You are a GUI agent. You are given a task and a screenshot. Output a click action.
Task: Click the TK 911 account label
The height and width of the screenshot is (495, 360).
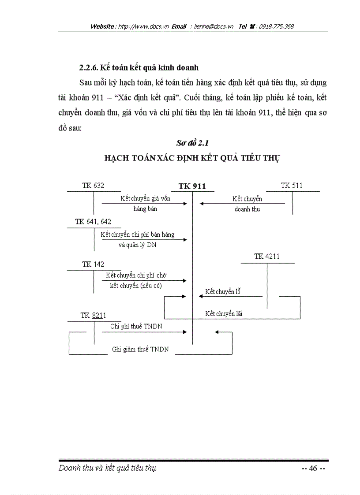[x=192, y=186]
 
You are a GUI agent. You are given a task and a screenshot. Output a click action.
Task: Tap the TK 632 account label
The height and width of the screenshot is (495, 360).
[x=93, y=186]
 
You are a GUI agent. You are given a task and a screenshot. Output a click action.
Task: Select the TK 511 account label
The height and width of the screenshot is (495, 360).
[x=292, y=186]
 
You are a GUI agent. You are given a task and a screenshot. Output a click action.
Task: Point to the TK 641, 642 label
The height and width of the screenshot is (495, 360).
[x=93, y=222]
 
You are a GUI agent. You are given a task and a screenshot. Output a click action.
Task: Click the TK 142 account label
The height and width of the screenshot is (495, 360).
[x=93, y=264]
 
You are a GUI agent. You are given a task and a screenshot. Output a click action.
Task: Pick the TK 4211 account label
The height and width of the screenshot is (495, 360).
[x=267, y=256]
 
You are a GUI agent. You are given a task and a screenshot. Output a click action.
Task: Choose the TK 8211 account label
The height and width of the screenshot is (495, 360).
[x=93, y=316]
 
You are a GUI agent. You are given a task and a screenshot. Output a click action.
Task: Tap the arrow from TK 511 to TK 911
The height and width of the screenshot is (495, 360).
[x=242, y=204]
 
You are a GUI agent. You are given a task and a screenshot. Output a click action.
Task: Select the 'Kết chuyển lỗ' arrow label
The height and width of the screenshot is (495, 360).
[x=223, y=292]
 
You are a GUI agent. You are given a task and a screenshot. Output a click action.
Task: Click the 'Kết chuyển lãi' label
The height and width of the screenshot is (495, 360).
[x=224, y=314]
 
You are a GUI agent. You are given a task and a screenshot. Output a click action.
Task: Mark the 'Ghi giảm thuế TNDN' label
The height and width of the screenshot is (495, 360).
[x=137, y=350]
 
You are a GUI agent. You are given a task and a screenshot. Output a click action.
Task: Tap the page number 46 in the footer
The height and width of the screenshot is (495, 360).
[x=313, y=468]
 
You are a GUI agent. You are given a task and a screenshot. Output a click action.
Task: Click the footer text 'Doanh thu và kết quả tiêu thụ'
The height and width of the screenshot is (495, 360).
[x=107, y=468]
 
